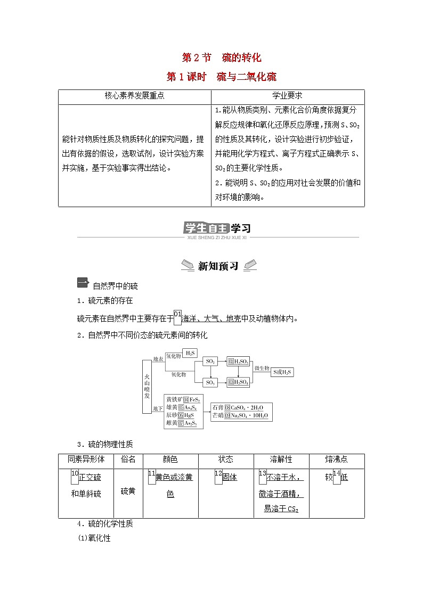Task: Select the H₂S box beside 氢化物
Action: point(190,353)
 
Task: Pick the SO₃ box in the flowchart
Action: point(210,382)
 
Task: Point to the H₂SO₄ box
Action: point(239,382)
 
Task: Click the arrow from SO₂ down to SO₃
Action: point(210,372)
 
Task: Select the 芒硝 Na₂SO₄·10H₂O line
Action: point(241,415)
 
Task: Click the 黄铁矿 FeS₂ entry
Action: point(182,399)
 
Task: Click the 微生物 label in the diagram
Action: point(262,368)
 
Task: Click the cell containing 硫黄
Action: point(128,491)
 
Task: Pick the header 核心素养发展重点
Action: point(134,96)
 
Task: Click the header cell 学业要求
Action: point(288,96)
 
